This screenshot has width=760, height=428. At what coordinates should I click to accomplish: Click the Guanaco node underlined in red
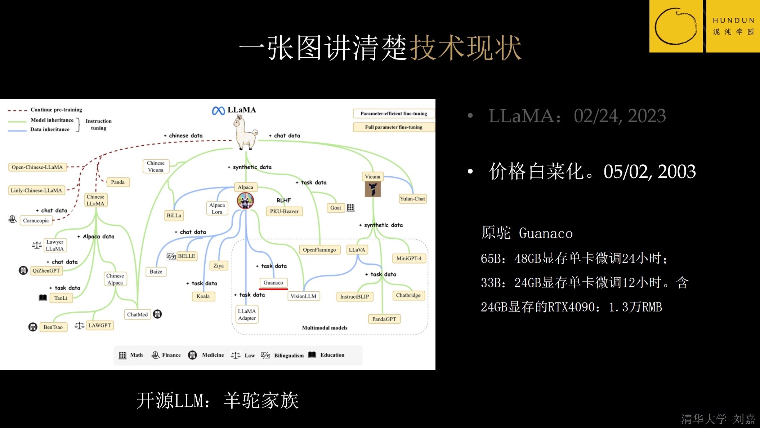pyautogui.click(x=273, y=283)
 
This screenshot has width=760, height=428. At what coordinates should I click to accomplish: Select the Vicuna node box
pyautogui.click(x=372, y=177)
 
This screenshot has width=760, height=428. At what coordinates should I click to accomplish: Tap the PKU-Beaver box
pyautogui.click(x=284, y=211)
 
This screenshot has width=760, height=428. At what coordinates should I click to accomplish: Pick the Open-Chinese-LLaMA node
pyautogui.click(x=37, y=167)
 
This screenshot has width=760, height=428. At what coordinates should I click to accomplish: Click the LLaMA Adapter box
pyautogui.click(x=247, y=314)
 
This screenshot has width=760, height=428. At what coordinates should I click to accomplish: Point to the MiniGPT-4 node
pyautogui.click(x=409, y=258)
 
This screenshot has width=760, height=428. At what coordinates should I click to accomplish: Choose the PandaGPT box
pyautogui.click(x=384, y=319)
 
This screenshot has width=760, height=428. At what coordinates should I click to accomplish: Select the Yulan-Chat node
pyautogui.click(x=412, y=199)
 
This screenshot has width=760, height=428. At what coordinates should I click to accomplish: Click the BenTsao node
pyautogui.click(x=53, y=327)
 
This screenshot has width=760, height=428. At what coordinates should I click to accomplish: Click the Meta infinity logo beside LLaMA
pyautogui.click(x=218, y=111)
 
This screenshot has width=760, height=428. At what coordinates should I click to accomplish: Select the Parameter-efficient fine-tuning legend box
pyautogui.click(x=394, y=114)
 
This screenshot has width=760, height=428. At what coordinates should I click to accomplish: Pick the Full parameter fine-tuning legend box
pyautogui.click(x=394, y=127)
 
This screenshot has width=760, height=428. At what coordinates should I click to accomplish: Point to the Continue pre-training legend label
pyautogui.click(x=56, y=110)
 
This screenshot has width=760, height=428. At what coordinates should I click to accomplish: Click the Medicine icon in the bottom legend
pyautogui.click(x=193, y=355)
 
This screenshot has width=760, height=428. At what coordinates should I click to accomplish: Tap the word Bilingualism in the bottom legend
pyautogui.click(x=289, y=356)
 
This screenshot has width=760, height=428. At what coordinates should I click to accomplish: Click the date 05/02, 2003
pyautogui.click(x=649, y=172)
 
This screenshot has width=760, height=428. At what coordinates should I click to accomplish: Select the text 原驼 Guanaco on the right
pyautogui.click(x=527, y=233)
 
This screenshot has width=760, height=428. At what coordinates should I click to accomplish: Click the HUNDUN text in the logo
pyautogui.click(x=733, y=21)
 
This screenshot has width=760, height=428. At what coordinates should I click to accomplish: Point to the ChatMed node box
pyautogui.click(x=137, y=314)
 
